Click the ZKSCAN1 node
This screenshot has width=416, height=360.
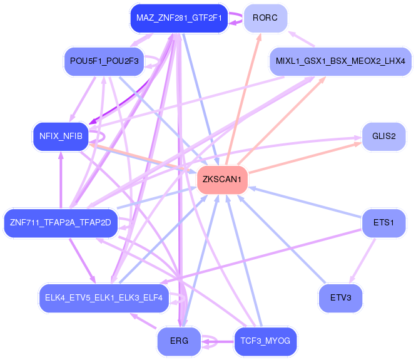click(x=222, y=180)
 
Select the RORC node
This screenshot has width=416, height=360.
click(x=265, y=18)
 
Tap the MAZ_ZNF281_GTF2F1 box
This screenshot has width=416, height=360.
click(x=178, y=18)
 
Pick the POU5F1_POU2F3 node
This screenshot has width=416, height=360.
click(x=104, y=61)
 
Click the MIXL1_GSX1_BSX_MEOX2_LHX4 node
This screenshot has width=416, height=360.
click(x=340, y=61)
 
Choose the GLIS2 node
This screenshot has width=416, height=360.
click(x=384, y=136)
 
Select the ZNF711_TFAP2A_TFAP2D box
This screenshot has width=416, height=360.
click(x=61, y=222)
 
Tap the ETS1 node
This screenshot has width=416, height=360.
click(x=384, y=222)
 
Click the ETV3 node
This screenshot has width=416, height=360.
click(x=340, y=298)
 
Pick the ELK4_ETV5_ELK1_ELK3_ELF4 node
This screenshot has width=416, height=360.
click(x=104, y=298)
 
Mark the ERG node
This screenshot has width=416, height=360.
click(x=178, y=341)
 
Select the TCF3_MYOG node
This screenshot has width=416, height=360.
click(x=265, y=341)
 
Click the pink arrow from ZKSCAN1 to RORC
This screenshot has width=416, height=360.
click(x=244, y=100)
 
